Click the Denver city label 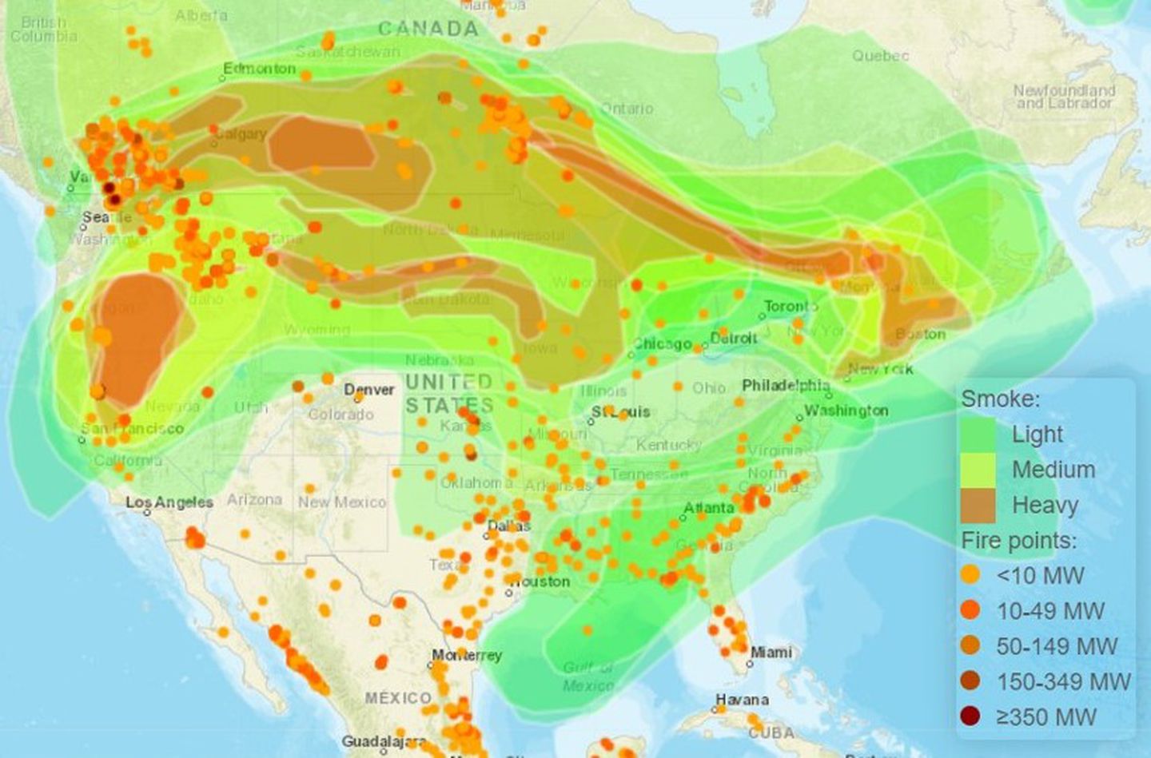coord(369,390)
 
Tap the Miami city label coord(771,653)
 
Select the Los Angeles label coord(169,502)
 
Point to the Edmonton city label coord(260,69)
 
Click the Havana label coord(743,700)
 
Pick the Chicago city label coord(663,343)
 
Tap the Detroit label coord(733,338)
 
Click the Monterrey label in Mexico coord(467,655)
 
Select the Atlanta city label coord(709,508)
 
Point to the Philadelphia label coord(786,385)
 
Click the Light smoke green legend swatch coord(978,435)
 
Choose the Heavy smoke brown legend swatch coord(978,506)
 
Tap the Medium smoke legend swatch coord(978,470)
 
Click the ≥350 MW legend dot coord(970,716)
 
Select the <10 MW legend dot coord(970,575)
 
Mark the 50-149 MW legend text coord(1057,646)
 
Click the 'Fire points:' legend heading coord(1019,541)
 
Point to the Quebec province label coord(880,56)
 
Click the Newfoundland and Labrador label coord(1064,97)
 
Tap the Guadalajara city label coord(384,742)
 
